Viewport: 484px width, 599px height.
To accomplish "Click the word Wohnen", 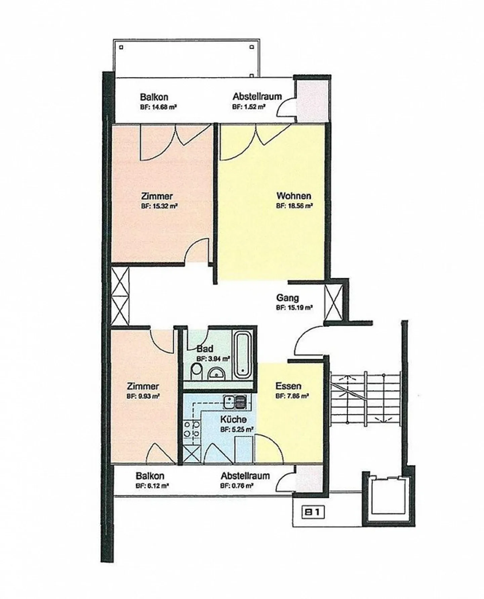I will pos(293,196).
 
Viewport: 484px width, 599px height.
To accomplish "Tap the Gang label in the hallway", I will pos(287,298).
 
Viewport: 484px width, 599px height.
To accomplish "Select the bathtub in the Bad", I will pos(243,355).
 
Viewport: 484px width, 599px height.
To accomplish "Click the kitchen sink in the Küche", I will pos(235,401).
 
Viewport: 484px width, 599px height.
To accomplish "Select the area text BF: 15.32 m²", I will pos(159,206).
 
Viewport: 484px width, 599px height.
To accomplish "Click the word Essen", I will pos(288,386).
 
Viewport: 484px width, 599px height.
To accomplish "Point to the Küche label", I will pos(233,419).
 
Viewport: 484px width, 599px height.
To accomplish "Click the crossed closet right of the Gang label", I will pos(333,302).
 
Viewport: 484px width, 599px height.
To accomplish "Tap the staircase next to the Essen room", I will pos(365,400).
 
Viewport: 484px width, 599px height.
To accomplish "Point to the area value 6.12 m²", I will pos(152,485).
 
